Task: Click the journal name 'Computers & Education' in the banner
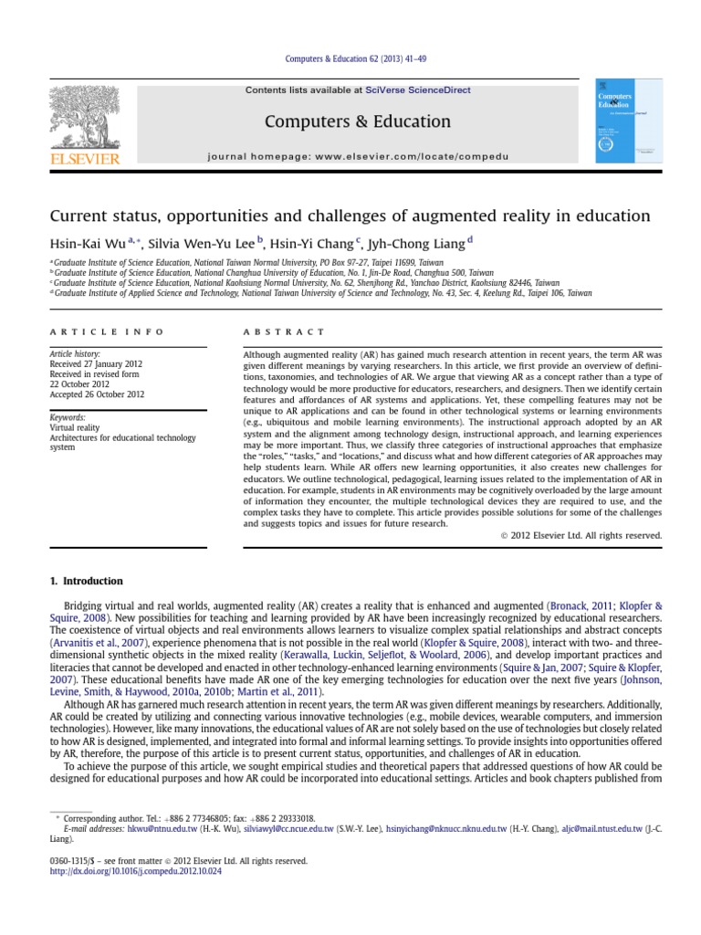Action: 344,121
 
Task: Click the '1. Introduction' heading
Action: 85,581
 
